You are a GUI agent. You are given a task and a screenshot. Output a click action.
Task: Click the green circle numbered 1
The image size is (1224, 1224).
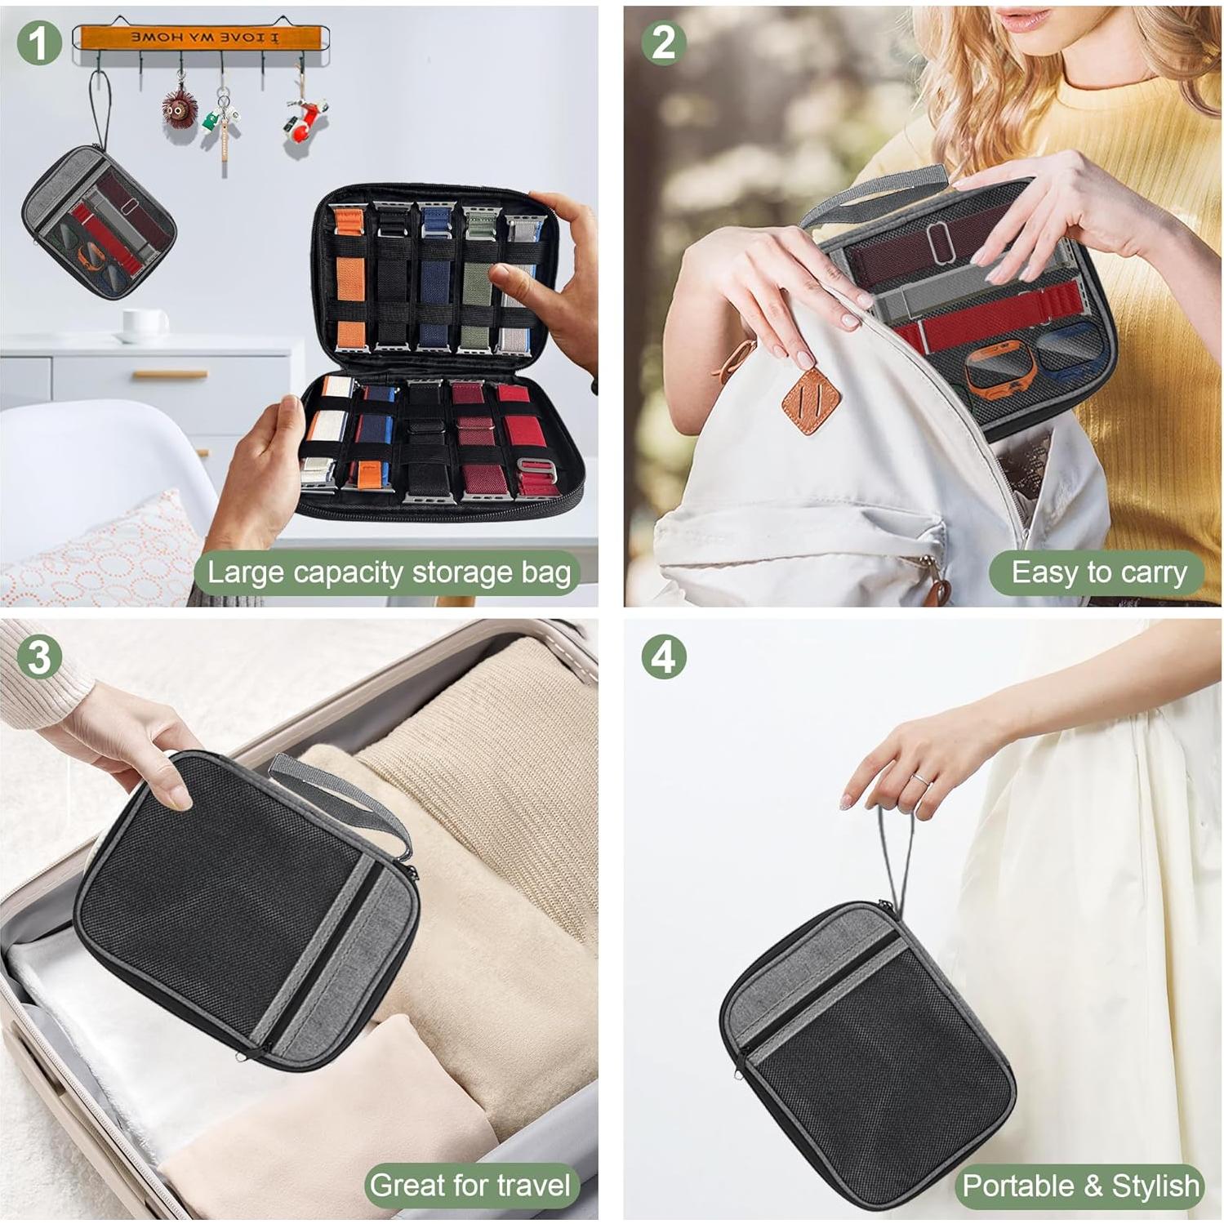pos(38,42)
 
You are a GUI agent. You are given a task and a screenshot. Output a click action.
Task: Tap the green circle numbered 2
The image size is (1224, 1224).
pos(663,42)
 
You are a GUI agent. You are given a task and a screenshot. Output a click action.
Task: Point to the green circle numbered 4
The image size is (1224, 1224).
pos(663,657)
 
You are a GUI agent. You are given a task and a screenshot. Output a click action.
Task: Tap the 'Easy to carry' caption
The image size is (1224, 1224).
pos(1098,572)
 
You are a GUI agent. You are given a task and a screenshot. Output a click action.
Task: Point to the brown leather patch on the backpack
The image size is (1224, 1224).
pos(811,400)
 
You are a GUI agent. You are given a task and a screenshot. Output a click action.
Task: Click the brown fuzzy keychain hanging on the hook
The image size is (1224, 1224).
pos(179,107)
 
